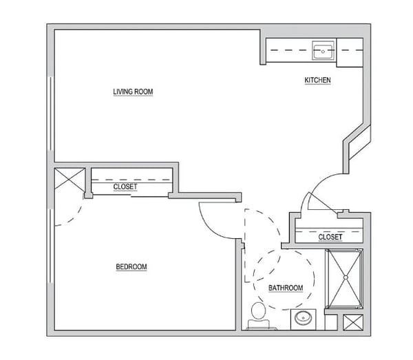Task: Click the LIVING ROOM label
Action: click(133, 92)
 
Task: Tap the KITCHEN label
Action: click(317, 80)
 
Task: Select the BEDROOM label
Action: click(131, 267)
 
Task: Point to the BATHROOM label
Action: click(286, 288)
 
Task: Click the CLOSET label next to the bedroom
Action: click(125, 187)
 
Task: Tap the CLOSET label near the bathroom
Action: click(330, 237)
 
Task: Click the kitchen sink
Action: click(324, 50)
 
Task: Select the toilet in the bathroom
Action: click(258, 316)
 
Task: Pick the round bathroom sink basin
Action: click(303, 318)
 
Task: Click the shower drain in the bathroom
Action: click(346, 277)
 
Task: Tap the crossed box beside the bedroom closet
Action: click(70, 178)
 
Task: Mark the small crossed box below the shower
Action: click(353, 322)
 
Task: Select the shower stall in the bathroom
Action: click(344, 278)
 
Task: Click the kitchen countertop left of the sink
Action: click(289, 50)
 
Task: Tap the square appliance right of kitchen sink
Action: click(350, 52)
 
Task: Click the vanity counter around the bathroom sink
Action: click(303, 319)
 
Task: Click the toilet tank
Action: click(258, 324)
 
